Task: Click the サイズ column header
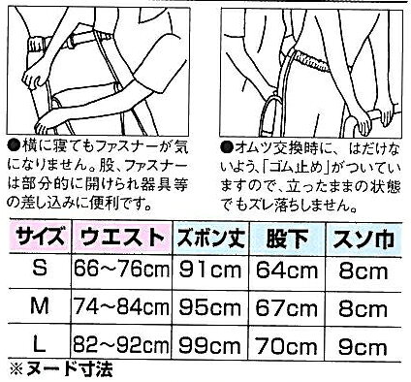pos(40,238)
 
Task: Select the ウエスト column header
pos(122,238)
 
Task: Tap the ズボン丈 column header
pos(211,238)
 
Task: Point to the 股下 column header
pos(287,238)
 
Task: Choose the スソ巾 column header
pos(364,239)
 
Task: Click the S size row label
pos(40,268)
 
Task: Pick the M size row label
pos(40,305)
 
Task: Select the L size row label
pos(40,343)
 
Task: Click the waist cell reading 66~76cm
pos(121,269)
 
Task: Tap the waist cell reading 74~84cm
pos(121,306)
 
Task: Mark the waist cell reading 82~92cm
pos(121,345)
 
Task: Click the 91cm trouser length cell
pos(210,270)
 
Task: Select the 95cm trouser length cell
pos(210,307)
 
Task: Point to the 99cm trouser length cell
pos(210,345)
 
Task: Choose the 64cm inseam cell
pos(287,271)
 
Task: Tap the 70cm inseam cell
pos(287,346)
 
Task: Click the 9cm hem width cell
pos(363,347)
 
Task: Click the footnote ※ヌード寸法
pos(61,368)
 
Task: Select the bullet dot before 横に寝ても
pos(14,147)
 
